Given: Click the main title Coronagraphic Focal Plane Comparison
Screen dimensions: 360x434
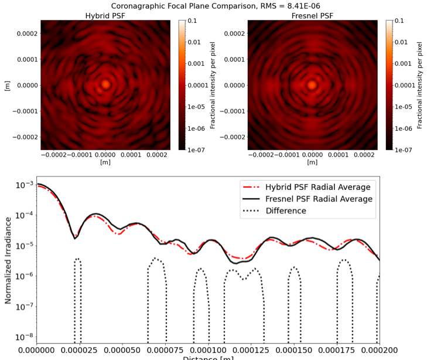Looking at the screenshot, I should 217,6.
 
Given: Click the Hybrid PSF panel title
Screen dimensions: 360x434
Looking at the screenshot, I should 105,15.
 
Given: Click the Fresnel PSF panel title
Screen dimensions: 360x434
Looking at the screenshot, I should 312,15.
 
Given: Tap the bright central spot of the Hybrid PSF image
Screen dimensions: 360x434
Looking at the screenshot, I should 105,84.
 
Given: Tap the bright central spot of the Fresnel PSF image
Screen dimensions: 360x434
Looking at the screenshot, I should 312,84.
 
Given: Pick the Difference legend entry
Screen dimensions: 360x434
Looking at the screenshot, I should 286,210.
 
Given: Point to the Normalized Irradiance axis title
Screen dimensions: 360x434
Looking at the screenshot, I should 8,260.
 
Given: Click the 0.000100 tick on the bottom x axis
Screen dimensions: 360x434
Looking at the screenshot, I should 208,351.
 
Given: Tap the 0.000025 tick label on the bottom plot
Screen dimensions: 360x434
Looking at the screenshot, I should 79,351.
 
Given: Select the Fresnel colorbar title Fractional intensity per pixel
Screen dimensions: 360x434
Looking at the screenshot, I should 420,85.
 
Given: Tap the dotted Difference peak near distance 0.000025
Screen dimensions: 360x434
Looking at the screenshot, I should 77,259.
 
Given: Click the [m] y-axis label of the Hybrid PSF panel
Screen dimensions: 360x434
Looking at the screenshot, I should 7,85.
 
